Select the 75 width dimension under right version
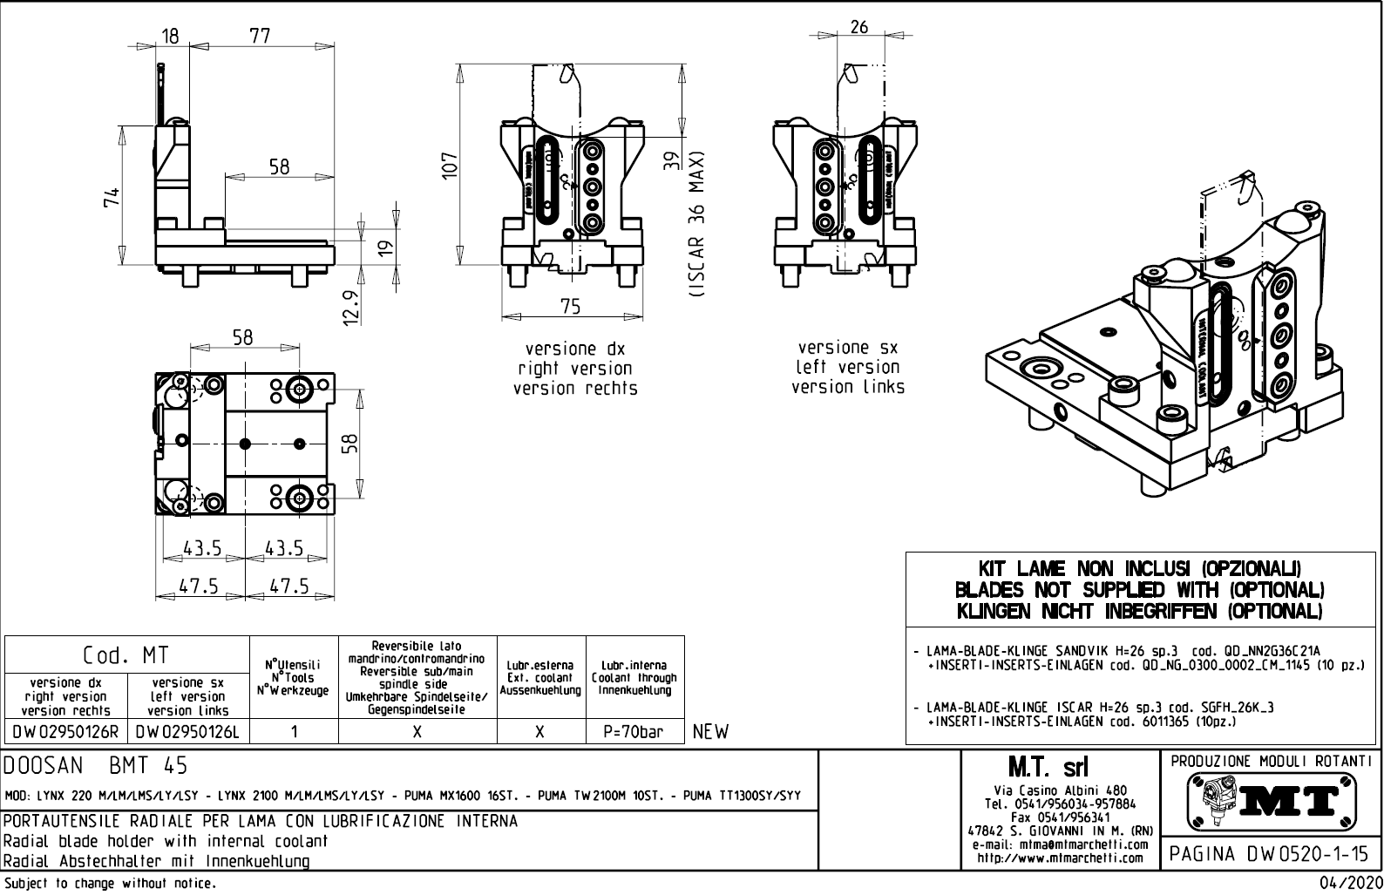tap(571, 307)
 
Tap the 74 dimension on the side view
tap(112, 197)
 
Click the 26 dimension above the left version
tap(858, 27)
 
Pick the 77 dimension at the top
tap(260, 36)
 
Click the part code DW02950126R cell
tap(66, 732)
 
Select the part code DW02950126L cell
tap(188, 732)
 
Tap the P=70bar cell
tap(634, 732)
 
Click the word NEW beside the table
tap(710, 732)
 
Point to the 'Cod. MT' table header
tap(126, 654)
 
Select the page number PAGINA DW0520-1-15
tap(1270, 853)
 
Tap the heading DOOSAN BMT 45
tap(96, 766)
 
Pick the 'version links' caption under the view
tap(847, 386)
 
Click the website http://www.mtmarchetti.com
tap(1059, 858)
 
